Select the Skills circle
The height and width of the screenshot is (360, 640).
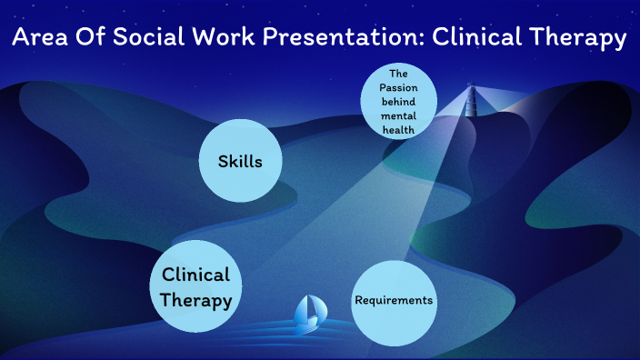point(240,162)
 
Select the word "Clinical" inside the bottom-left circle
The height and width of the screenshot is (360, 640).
point(195,275)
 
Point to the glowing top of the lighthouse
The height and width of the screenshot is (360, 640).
point(470,89)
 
